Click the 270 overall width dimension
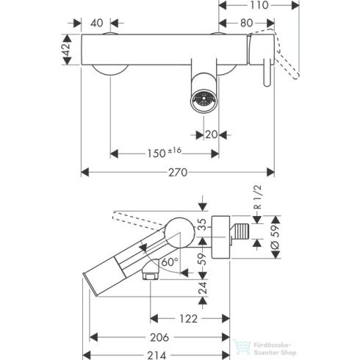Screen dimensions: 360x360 [177, 173]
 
